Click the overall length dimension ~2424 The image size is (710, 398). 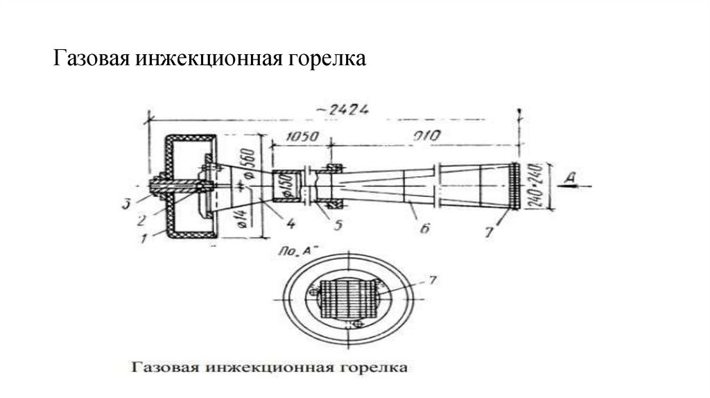[x=346, y=108]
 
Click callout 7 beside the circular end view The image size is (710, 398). [x=433, y=280]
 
